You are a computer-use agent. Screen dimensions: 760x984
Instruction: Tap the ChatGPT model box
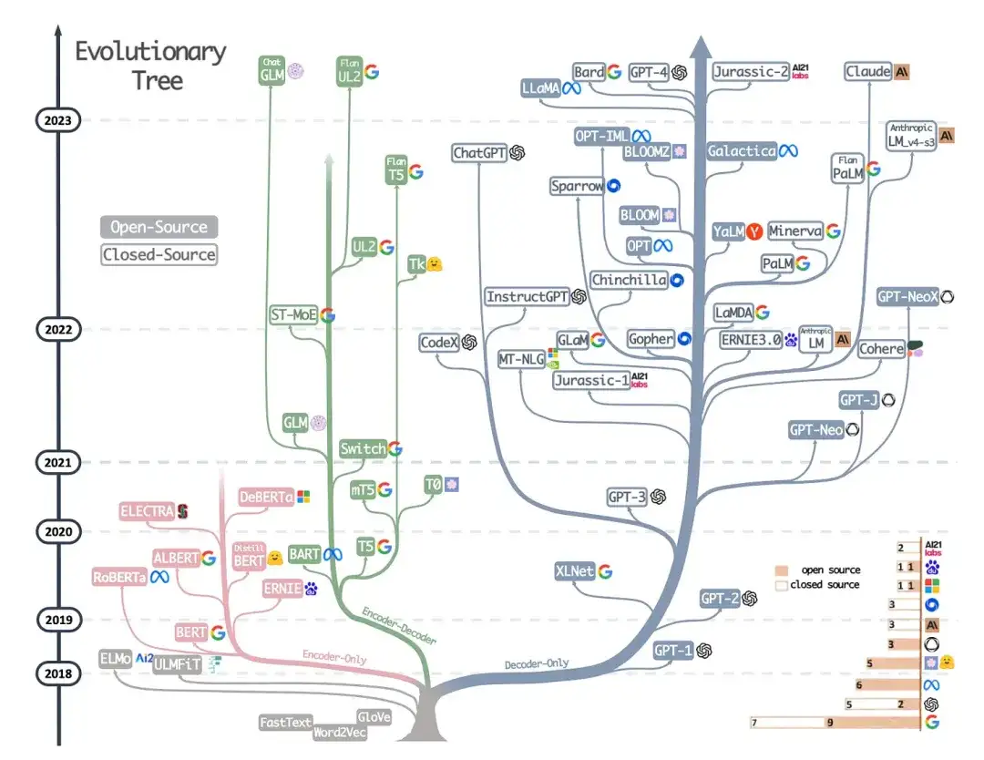[x=479, y=153]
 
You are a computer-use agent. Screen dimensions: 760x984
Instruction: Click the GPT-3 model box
[x=627, y=497]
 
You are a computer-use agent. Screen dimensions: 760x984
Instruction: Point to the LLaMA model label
[x=539, y=88]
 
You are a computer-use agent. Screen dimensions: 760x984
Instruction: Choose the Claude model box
[x=867, y=71]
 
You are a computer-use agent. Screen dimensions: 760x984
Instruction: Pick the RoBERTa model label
[x=120, y=577]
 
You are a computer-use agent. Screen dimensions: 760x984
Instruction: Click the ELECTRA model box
[x=147, y=511]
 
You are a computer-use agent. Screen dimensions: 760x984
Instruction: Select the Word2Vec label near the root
[x=339, y=732]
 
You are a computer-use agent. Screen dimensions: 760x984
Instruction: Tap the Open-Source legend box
[x=159, y=227]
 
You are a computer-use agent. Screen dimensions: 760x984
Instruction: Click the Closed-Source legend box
[x=159, y=255]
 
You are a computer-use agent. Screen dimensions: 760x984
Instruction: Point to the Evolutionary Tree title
[x=149, y=65]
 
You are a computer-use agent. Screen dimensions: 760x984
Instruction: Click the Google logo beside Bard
[x=614, y=71]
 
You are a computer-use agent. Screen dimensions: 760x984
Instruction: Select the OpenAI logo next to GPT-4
[x=679, y=72]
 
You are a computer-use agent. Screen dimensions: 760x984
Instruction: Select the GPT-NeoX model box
[x=907, y=297]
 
